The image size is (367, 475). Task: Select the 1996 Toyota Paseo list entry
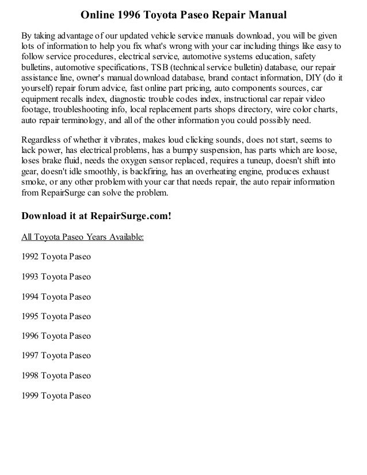pyautogui.click(x=56, y=335)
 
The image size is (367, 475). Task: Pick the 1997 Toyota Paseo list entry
pyautogui.click(x=56, y=355)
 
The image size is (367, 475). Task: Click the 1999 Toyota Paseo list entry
pyautogui.click(x=56, y=395)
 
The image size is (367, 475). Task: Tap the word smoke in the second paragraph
pyautogui.click(x=33, y=182)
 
